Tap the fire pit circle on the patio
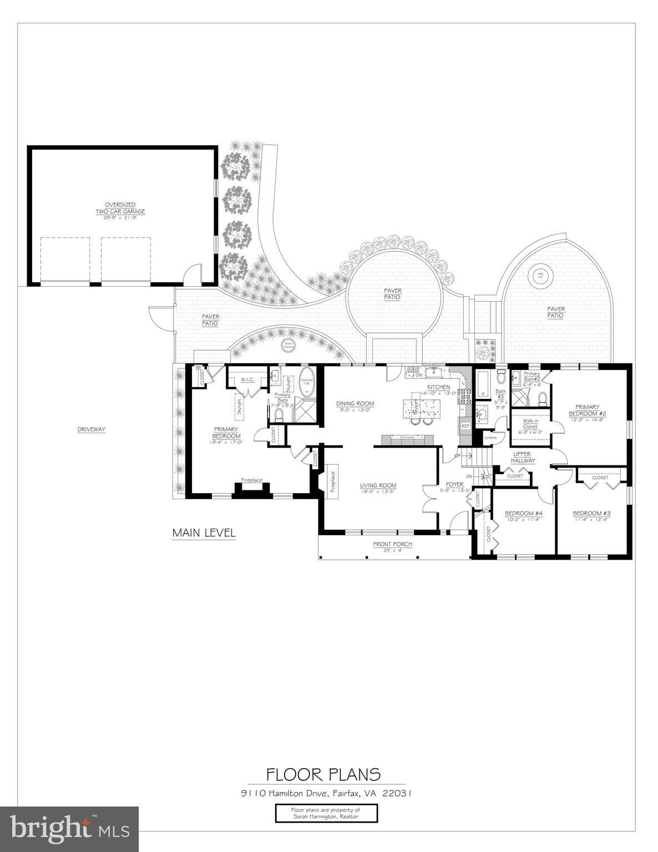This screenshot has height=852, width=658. click(x=539, y=275)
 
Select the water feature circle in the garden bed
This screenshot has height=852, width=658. click(x=288, y=345)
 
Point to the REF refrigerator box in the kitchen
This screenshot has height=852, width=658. click(x=465, y=426)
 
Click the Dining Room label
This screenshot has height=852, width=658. click(x=355, y=403)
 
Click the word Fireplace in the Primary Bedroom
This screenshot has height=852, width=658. click(x=251, y=480)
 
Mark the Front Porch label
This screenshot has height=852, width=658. click(x=392, y=544)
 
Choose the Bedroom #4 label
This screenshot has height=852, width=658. click(x=523, y=513)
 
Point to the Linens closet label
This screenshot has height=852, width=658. click(x=490, y=438)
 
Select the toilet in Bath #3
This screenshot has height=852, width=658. click(x=502, y=378)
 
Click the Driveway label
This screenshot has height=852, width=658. click(x=92, y=429)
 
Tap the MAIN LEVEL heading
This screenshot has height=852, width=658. click(x=204, y=533)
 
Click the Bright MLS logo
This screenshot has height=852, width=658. click(x=69, y=828)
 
